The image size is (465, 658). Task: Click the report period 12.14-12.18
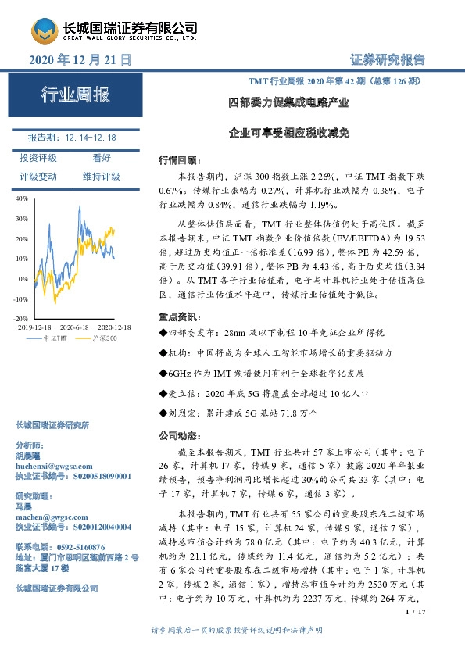coord(91,137)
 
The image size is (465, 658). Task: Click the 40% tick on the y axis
coord(21,199)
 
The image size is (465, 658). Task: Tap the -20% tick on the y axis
coord(20,319)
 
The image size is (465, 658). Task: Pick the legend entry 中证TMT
coord(55,338)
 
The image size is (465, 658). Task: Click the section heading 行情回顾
coord(174,159)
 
